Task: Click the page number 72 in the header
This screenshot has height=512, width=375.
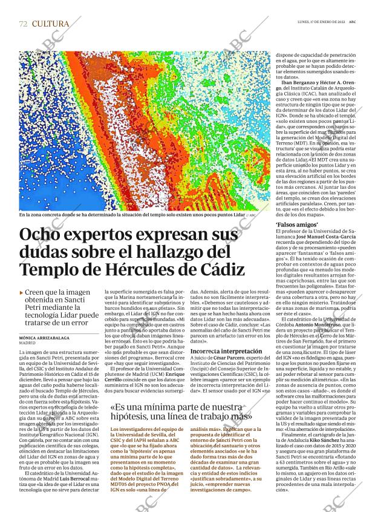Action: [23, 24]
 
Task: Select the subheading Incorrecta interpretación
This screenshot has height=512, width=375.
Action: [218, 350]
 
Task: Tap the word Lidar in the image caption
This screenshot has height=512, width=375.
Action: [239, 214]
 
